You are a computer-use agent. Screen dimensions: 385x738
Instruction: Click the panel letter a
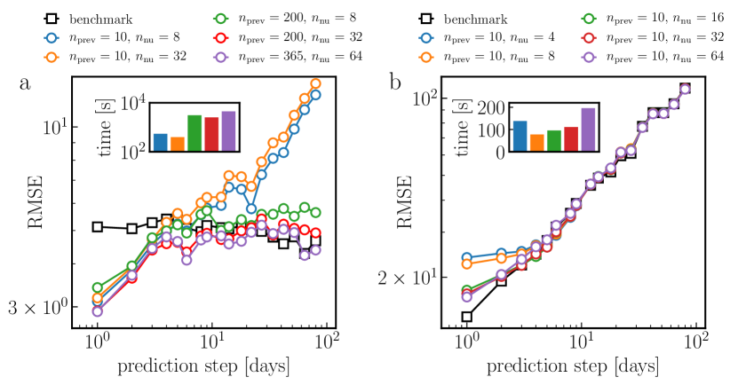point(26,87)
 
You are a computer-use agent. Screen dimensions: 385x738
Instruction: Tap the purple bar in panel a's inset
point(228,131)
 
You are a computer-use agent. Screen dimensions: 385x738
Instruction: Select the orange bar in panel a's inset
point(178,145)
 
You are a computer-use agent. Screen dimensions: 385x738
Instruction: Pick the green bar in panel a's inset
point(194,133)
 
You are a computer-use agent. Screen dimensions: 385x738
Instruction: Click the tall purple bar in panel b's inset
point(588,130)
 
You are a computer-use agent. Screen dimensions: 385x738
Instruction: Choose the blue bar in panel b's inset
point(520,136)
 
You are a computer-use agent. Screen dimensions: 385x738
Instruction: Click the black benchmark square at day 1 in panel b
point(466,317)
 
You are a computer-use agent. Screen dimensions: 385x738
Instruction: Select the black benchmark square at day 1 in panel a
point(98,226)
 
